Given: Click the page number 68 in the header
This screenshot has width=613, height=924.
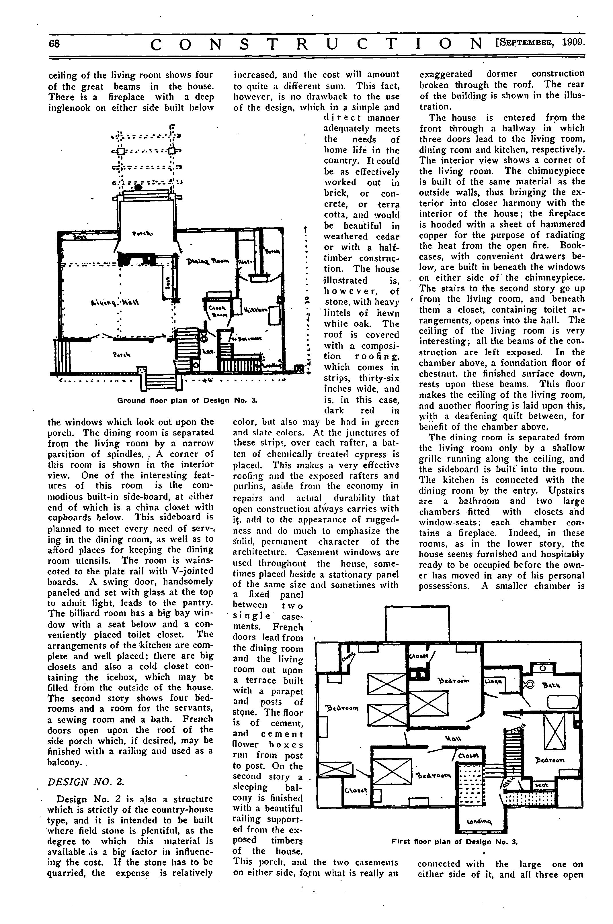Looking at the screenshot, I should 54,43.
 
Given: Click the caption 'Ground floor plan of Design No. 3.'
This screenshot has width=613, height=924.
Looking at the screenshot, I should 187,401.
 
